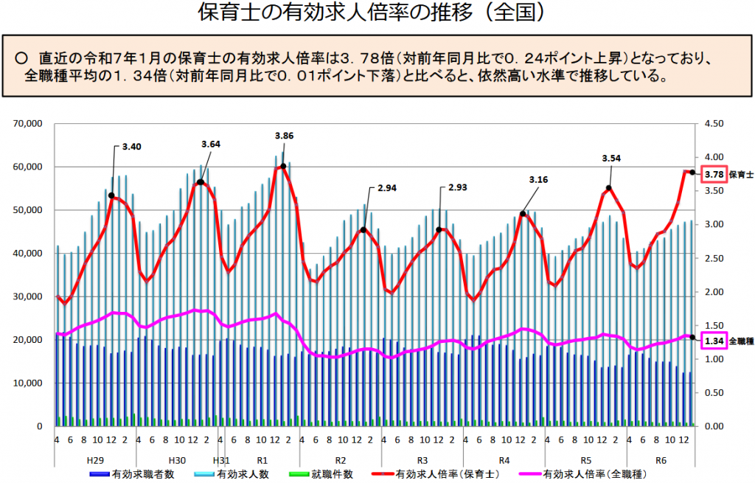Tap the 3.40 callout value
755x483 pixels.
click(131, 147)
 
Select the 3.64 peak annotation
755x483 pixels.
click(210, 144)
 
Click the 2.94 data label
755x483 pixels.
click(387, 188)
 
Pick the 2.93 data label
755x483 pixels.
click(458, 187)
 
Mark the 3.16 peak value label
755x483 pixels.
click(539, 179)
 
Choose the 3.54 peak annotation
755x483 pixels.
click(611, 158)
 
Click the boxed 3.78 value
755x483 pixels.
click(714, 175)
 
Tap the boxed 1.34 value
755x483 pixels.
click(714, 341)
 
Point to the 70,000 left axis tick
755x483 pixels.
click(29, 124)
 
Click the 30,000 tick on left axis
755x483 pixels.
click(29, 296)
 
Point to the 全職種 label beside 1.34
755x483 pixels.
click(741, 341)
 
